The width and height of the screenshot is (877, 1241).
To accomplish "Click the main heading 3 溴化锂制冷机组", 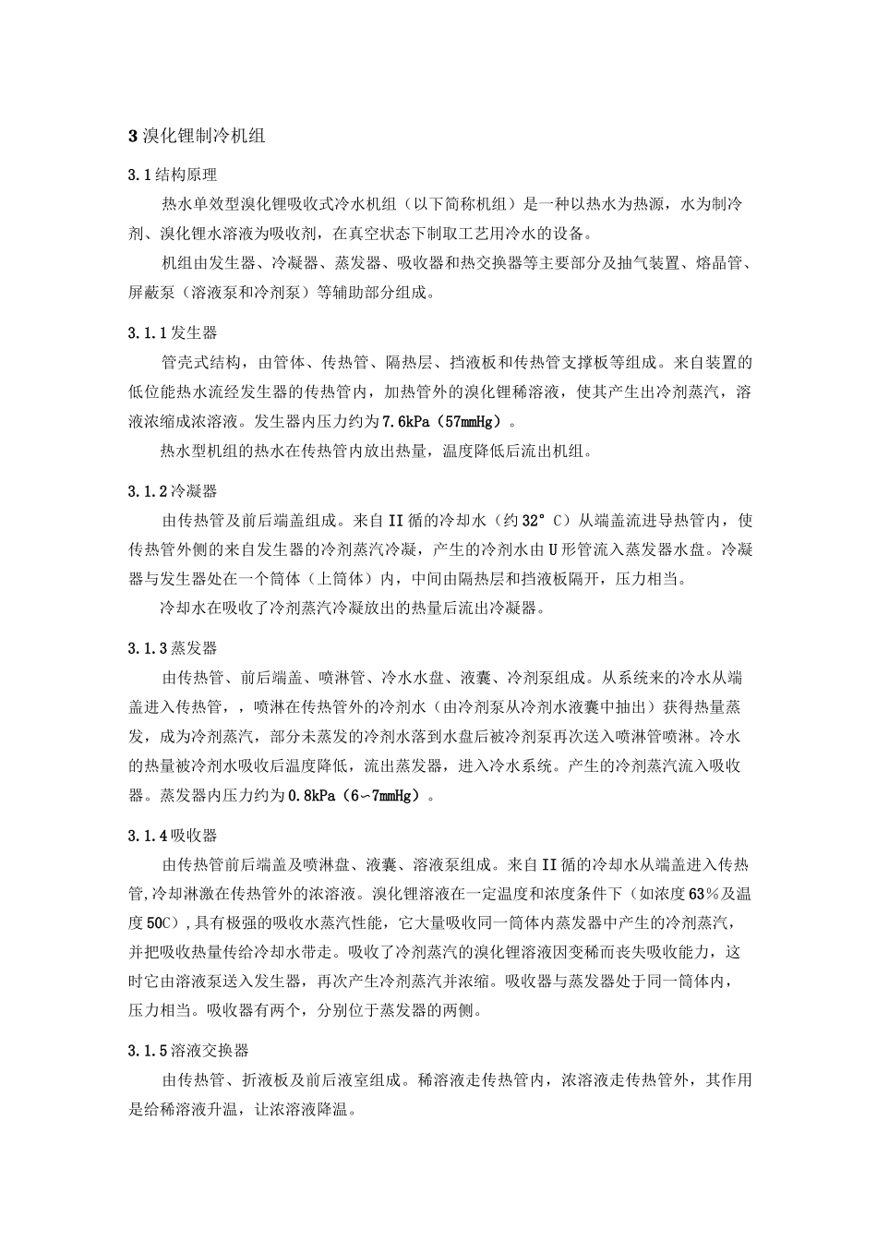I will pyautogui.click(x=197, y=136).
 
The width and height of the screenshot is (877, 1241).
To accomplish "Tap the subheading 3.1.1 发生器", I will pyautogui.click(x=173, y=332).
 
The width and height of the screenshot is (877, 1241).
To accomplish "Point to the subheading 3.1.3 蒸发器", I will pyautogui.click(x=173, y=649).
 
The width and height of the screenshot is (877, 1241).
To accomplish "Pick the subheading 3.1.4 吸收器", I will pyautogui.click(x=173, y=836).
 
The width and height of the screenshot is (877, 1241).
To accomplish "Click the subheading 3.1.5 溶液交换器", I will pyautogui.click(x=188, y=1051).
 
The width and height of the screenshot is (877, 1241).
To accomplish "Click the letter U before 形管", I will pyautogui.click(x=553, y=550).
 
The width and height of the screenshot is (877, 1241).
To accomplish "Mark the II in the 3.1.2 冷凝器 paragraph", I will pyautogui.click(x=391, y=521).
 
